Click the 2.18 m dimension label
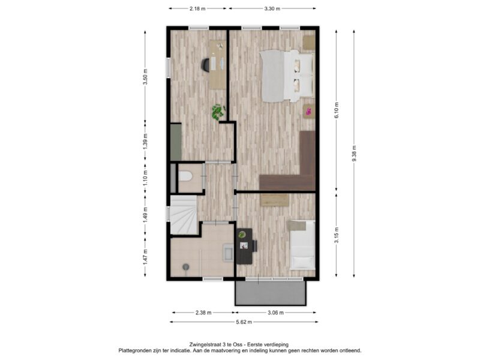click(x=197, y=8)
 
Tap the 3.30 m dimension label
click(x=272, y=8)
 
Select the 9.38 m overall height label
click(x=354, y=154)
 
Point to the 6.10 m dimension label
click(x=337, y=110)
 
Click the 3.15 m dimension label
click(x=337, y=235)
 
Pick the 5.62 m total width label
click(x=244, y=322)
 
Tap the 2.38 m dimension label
click(x=203, y=313)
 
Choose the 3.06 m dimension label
click(x=275, y=313)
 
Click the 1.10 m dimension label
click(x=145, y=178)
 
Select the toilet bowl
click(x=185, y=176)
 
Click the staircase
click(x=184, y=215)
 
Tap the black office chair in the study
click(x=206, y=65)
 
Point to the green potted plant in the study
click(x=218, y=112)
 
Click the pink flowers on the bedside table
click(x=308, y=111)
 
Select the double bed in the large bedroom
click(x=287, y=76)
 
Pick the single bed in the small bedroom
click(x=302, y=245)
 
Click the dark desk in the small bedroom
click(x=245, y=246)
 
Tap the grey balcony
click(x=271, y=293)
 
